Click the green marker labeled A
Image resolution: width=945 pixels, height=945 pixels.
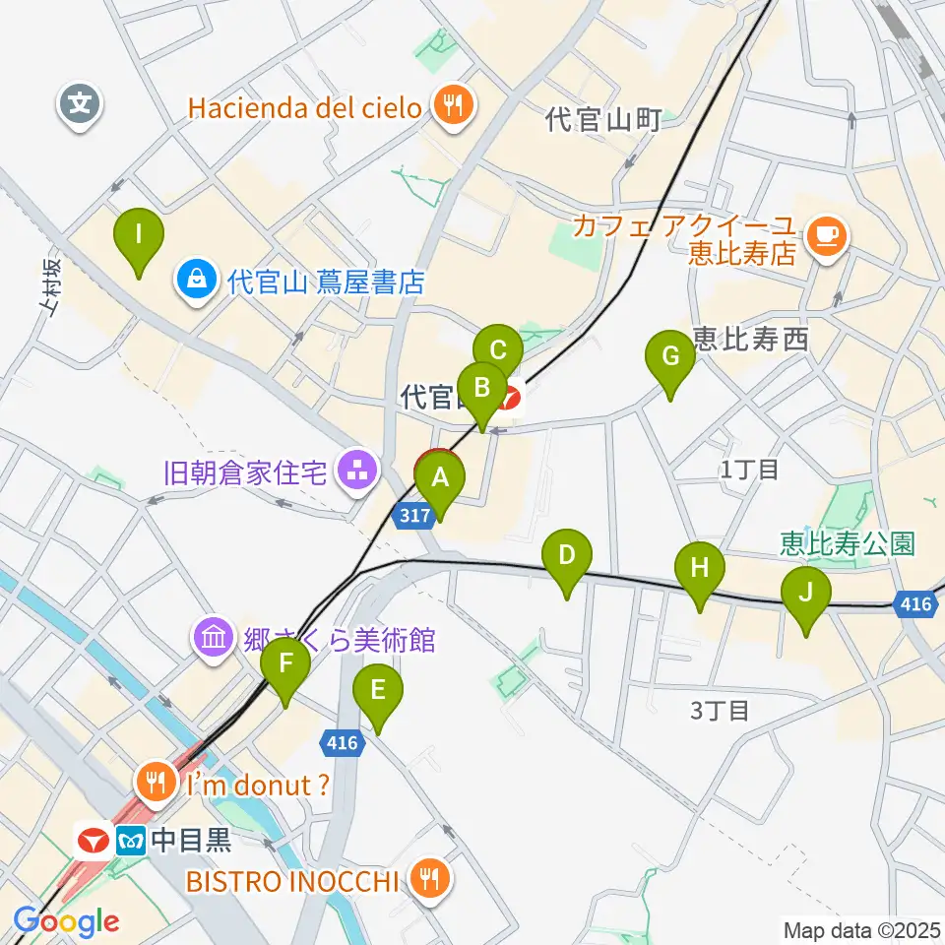pyautogui.click(x=440, y=479)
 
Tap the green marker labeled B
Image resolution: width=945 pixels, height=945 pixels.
pyautogui.click(x=481, y=387)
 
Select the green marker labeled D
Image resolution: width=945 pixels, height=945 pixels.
pyautogui.click(x=567, y=555)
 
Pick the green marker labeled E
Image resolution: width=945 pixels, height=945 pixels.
pyautogui.click(x=378, y=691)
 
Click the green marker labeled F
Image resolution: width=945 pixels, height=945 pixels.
pyautogui.click(x=285, y=663)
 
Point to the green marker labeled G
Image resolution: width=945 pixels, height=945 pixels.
pyautogui.click(x=670, y=356)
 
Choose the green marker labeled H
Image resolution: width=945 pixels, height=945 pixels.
pyautogui.click(x=699, y=568)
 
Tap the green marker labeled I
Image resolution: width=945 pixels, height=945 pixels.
pyautogui.click(x=139, y=235)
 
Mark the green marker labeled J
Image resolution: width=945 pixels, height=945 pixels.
pyautogui.click(x=806, y=593)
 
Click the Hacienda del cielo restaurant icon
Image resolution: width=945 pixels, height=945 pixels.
pyautogui.click(x=453, y=105)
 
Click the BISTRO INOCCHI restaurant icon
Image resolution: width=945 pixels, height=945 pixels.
pyautogui.click(x=428, y=878)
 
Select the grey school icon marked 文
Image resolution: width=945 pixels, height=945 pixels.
pyautogui.click(x=81, y=102)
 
